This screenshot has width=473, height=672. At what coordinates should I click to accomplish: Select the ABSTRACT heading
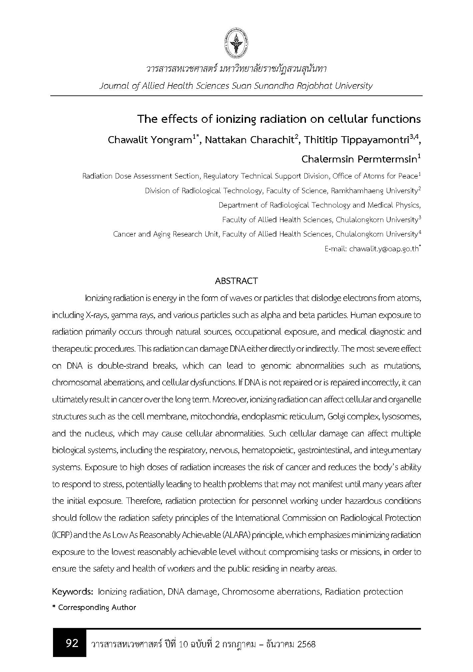click(236, 281)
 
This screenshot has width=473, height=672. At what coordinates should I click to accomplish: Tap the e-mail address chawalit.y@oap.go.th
click(383, 249)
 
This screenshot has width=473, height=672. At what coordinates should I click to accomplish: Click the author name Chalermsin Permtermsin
click(359, 159)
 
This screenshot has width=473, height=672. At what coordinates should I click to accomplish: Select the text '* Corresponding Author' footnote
click(94, 607)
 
